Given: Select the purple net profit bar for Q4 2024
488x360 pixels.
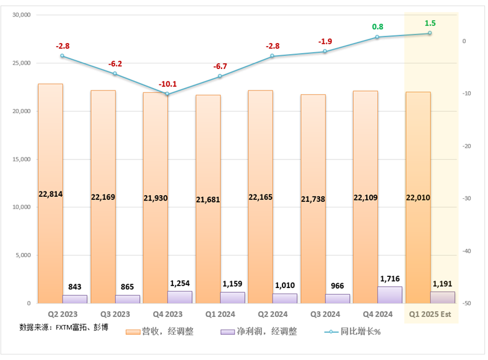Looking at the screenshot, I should point(390,295).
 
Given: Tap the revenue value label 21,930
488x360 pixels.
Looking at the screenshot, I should point(155,199).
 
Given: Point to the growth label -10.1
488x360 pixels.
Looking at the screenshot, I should point(167,84).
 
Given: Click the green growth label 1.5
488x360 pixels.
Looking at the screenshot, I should point(430,23).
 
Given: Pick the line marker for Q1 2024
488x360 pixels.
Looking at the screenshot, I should point(220,76).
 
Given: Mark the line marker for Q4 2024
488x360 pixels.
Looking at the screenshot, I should point(377,38).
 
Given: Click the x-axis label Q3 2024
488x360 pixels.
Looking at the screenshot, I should point(325,313).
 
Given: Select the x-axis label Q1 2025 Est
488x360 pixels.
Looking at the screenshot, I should point(430,313).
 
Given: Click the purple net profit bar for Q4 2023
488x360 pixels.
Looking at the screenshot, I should point(180,297).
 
